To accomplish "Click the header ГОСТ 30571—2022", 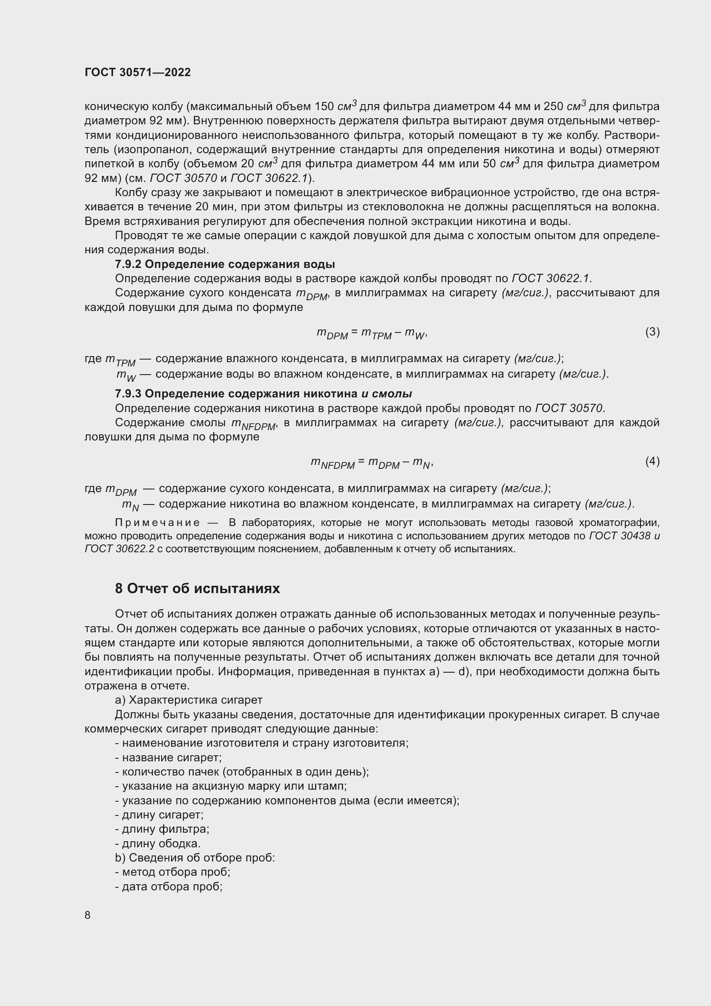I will point(138,73).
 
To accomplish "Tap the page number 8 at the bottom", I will point(88,915).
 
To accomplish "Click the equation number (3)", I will point(652,332).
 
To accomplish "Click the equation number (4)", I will point(652,461).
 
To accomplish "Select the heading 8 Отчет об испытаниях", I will point(197,588).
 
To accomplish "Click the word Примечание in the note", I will point(157,523).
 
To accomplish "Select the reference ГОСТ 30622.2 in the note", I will point(120,548).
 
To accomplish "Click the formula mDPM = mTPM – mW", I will point(372,333).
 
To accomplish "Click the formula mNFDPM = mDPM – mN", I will point(372,462).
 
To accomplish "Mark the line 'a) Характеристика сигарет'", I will point(189,700).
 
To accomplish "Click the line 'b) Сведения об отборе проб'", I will point(195,858).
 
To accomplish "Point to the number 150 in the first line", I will point(324,107).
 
